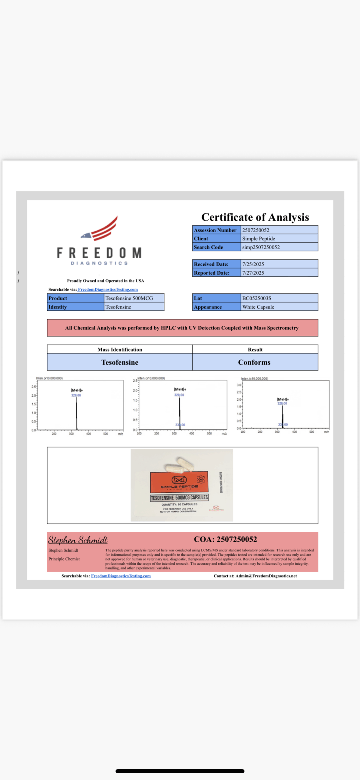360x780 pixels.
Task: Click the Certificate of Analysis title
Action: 255,217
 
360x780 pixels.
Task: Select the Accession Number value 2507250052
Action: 255,230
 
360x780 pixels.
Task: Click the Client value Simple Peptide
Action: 258,239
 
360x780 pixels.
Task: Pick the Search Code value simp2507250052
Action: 261,247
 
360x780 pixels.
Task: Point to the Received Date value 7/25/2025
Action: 253,264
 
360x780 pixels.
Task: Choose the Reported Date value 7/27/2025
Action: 253,273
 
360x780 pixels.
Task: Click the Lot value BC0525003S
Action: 257,298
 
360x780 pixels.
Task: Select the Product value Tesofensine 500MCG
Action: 129,298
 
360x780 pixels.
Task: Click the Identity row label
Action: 58,307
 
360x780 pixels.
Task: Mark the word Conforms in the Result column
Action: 254,362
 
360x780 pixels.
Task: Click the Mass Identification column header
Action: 120,349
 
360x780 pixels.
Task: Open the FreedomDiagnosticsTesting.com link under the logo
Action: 108,289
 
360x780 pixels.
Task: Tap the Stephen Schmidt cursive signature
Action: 78,540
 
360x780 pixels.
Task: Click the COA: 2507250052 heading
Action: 225,539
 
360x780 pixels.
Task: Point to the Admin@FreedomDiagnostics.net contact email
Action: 266,576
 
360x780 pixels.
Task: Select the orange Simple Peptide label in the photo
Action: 179,482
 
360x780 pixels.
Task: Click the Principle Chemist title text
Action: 64,559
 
